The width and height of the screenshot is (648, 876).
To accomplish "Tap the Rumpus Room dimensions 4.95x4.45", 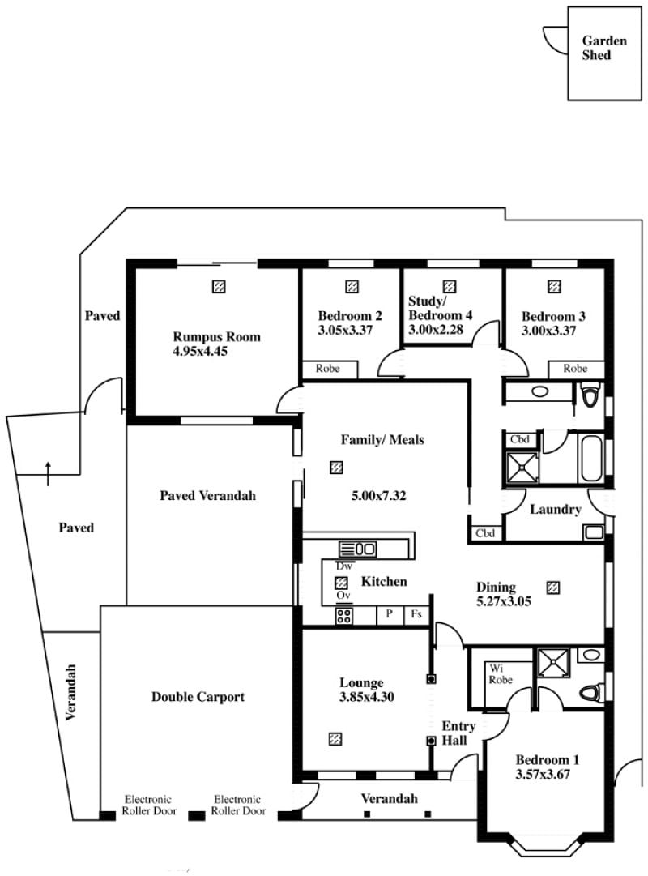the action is point(201,352).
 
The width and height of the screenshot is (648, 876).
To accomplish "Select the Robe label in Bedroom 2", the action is point(327,369).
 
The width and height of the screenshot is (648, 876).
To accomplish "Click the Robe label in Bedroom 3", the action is point(575,369).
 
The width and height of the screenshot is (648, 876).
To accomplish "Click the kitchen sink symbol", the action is point(357,549).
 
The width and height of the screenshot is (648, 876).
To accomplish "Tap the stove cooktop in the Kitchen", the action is point(343,616).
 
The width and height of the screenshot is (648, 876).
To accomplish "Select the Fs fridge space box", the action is point(416,614).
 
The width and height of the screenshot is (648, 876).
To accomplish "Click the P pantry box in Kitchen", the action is point(390,614).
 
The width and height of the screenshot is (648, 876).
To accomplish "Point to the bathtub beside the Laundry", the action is point(591,459).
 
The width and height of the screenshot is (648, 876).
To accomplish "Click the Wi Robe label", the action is point(500,673).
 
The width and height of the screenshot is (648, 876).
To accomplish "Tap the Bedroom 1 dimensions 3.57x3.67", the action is point(543,775).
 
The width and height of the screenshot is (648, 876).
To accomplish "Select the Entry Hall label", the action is point(458,733).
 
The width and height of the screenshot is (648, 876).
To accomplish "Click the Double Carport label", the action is point(198,697).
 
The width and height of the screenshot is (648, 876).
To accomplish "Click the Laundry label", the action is point(556,510).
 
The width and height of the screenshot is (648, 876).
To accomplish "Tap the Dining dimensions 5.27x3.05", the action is point(503,601).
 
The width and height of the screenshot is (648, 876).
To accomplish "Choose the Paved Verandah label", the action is point(208,496).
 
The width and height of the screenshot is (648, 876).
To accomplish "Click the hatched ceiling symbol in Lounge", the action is point(335,739).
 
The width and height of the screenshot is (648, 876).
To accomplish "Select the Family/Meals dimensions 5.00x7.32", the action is point(379,496).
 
